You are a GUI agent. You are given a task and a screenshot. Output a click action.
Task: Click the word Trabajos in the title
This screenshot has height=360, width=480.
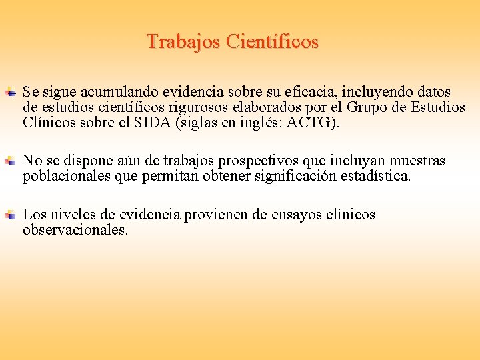(184, 42)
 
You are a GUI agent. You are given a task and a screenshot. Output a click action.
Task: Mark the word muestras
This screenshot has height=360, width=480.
(417, 161)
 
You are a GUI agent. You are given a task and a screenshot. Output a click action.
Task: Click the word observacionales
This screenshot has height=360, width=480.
(75, 231)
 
